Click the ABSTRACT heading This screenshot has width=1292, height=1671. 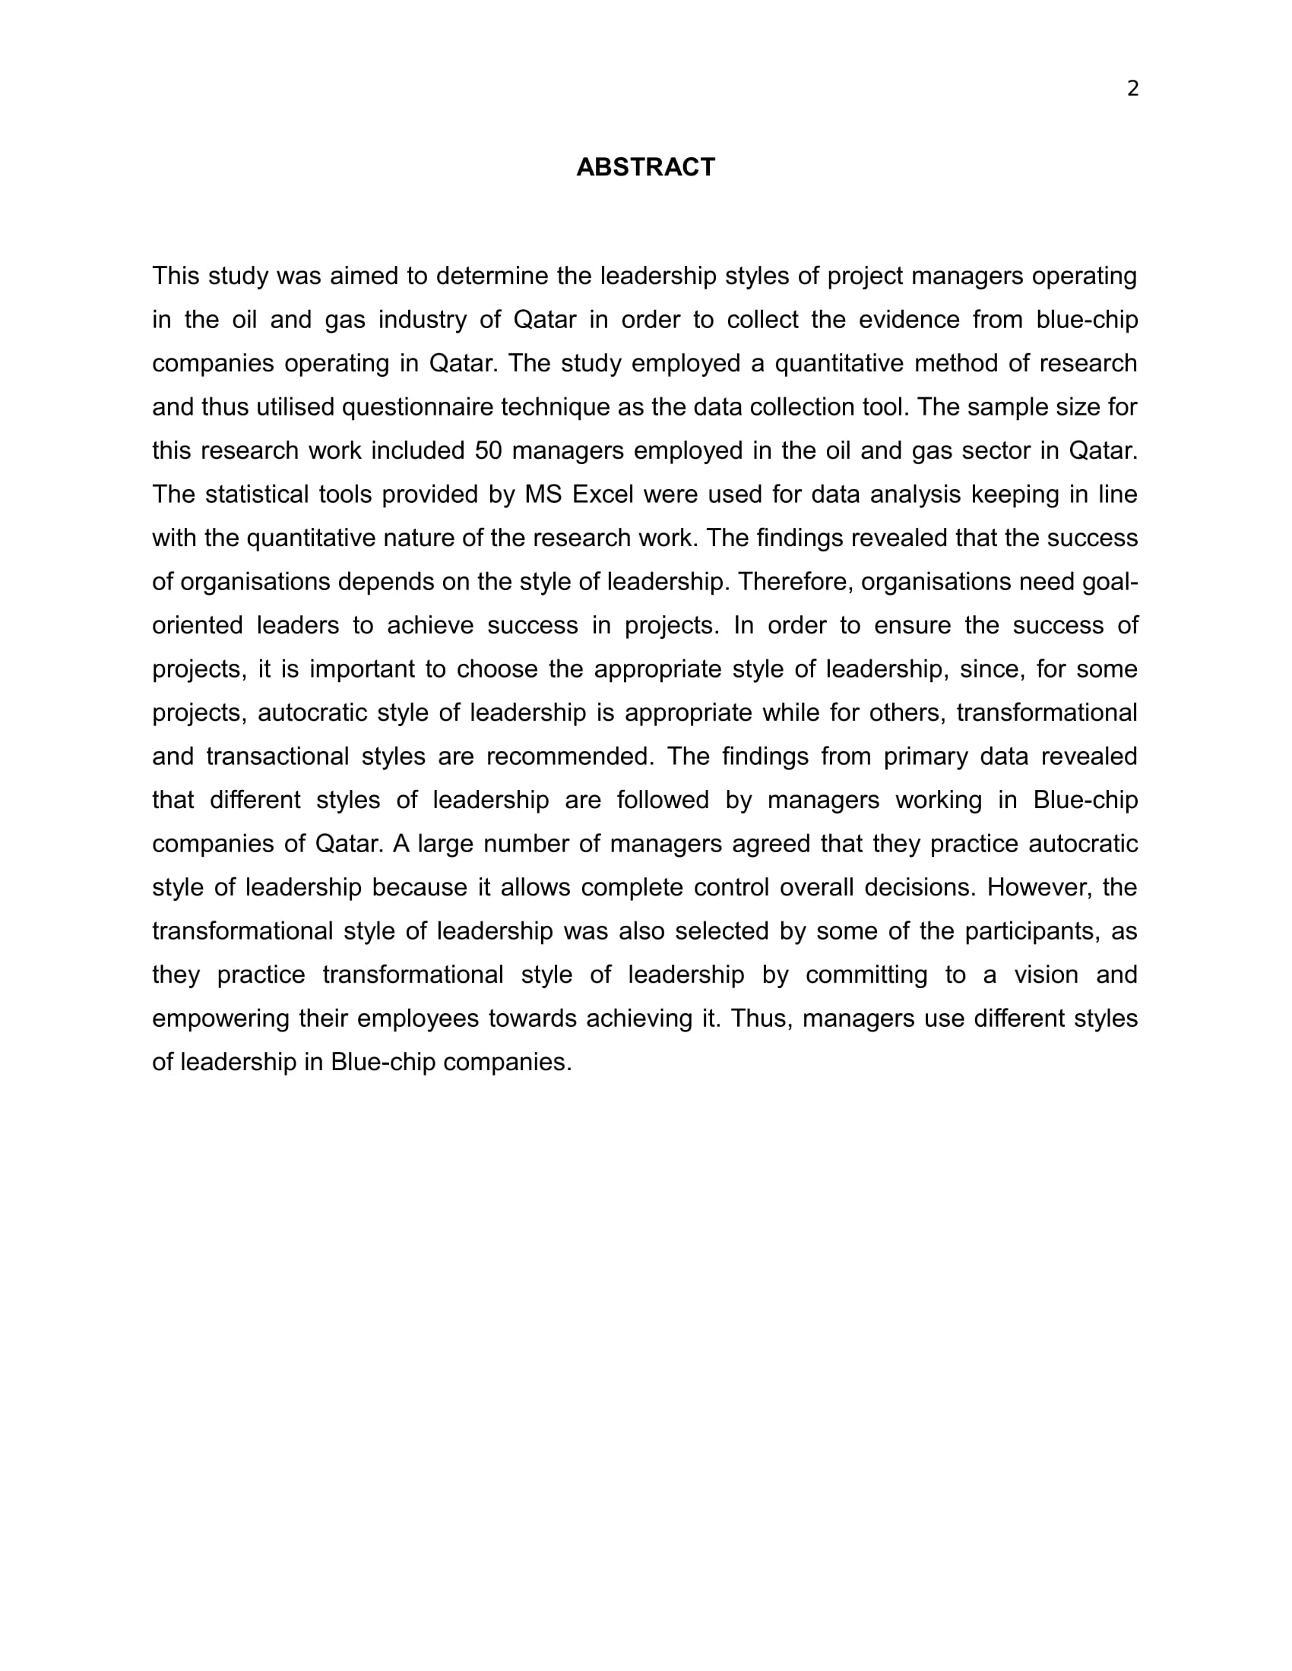(x=645, y=167)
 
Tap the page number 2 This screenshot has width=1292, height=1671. (x=1133, y=90)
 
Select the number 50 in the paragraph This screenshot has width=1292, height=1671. (x=488, y=450)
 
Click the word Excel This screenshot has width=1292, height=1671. (x=603, y=494)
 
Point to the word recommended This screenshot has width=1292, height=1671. (x=569, y=757)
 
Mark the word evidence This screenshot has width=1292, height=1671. (x=908, y=320)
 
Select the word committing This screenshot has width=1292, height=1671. (x=866, y=974)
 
